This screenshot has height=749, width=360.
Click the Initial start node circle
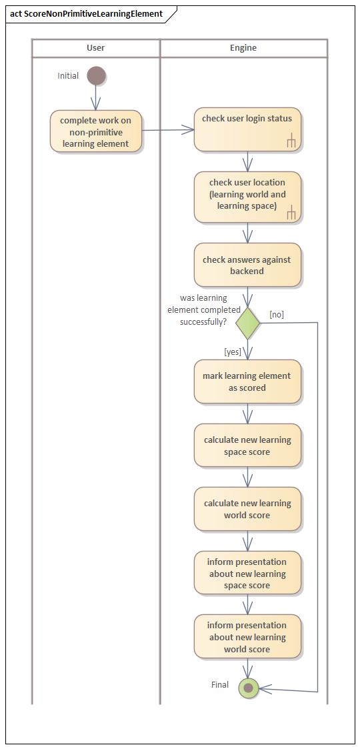click(96, 76)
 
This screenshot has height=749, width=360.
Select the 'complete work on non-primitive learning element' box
click(96, 131)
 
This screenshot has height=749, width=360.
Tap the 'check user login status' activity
click(247, 129)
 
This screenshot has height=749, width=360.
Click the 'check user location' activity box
click(247, 197)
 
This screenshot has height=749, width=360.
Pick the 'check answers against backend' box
click(247, 265)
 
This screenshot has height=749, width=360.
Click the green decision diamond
click(247, 323)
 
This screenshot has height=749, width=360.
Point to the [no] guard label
click(277, 314)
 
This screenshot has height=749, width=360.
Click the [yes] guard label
click(233, 351)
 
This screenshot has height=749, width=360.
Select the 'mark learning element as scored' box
click(247, 382)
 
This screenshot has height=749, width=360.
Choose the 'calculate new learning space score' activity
click(247, 446)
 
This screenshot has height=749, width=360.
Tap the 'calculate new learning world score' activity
click(247, 509)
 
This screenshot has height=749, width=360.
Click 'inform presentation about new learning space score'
click(247, 573)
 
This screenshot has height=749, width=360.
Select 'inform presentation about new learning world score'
click(247, 637)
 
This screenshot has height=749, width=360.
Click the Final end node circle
click(249, 687)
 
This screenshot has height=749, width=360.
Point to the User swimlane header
click(96, 48)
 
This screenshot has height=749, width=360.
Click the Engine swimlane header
click(243, 48)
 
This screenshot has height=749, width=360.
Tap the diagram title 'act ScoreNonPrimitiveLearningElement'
click(87, 13)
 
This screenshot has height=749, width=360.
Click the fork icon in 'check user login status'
click(291, 140)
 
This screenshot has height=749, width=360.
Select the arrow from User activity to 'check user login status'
click(168, 131)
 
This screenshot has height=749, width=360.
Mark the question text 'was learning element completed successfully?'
click(203, 310)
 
